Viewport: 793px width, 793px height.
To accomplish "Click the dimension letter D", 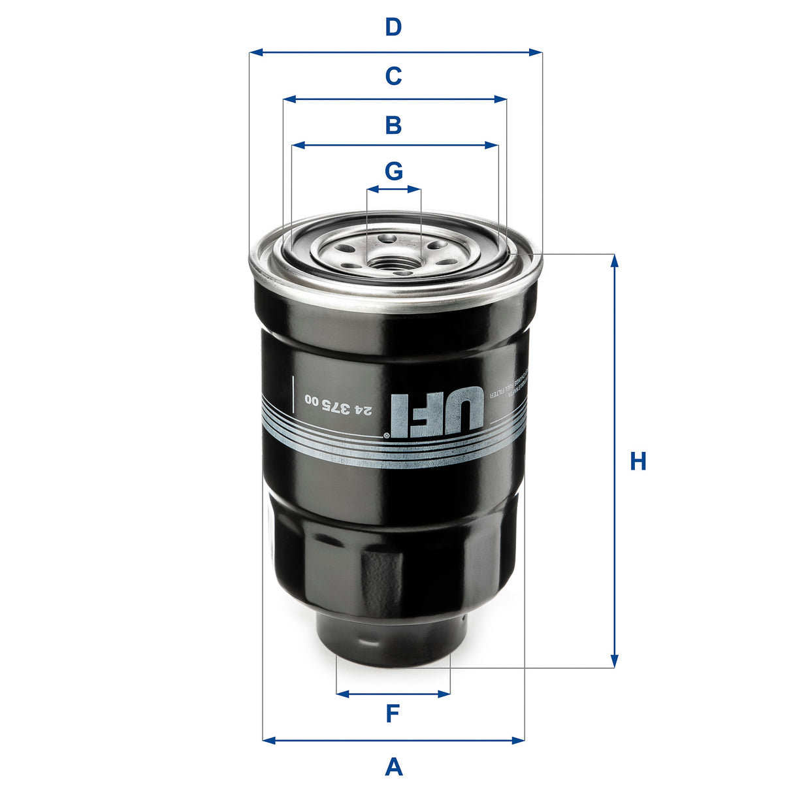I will tap(393, 27).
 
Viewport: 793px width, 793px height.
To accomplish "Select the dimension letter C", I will tap(393, 76).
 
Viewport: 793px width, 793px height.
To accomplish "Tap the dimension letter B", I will tap(393, 124).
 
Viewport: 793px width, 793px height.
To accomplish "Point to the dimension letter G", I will tap(393, 171).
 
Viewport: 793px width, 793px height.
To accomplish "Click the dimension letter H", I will tap(638, 461).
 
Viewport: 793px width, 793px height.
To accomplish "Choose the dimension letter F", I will tap(392, 714).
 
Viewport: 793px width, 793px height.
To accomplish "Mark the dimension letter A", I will tap(393, 766).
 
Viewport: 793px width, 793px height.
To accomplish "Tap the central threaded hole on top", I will tap(393, 263).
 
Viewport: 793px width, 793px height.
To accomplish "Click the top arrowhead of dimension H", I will tap(613, 260).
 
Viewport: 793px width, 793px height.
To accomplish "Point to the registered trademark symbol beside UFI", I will tap(386, 434).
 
